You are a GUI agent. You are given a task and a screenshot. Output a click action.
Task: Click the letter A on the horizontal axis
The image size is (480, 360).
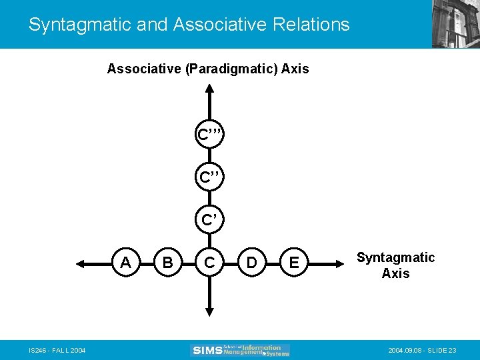125,263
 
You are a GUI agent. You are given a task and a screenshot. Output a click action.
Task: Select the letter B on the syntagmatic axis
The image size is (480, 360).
167,263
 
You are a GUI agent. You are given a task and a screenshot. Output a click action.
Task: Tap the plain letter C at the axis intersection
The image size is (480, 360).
209,263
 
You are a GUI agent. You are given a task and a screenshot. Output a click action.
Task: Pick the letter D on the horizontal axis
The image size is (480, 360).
251,263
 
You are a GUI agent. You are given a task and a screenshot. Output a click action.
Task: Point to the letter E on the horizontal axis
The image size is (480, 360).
293,263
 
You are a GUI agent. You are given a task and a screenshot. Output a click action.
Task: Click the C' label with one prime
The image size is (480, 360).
209,219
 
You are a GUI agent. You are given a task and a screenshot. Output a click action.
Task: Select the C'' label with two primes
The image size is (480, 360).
209,177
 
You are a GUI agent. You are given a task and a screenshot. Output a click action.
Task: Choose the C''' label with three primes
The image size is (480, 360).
209,135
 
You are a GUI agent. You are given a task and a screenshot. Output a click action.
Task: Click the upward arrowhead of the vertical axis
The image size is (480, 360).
209,93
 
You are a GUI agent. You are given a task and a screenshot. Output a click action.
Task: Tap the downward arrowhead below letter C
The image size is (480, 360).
209,310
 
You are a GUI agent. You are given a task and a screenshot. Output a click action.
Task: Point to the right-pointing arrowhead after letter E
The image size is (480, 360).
338,264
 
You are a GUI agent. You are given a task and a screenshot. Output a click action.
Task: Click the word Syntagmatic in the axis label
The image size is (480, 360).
395,257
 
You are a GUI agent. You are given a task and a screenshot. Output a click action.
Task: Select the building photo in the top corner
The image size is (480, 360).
455,24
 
